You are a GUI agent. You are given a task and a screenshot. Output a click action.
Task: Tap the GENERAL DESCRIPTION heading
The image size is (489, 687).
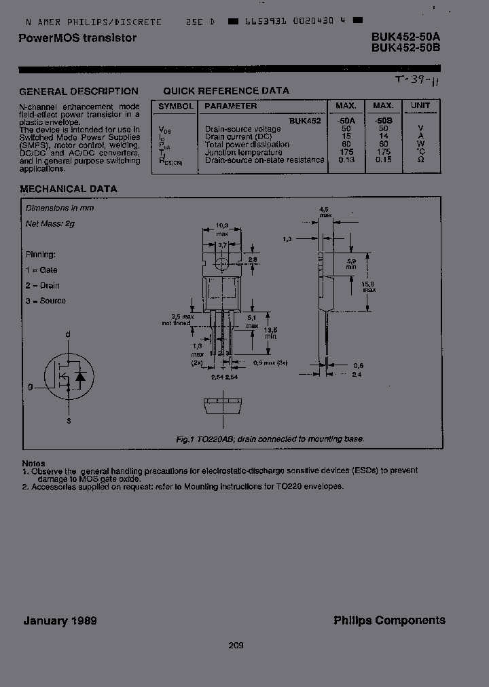[x=78, y=92]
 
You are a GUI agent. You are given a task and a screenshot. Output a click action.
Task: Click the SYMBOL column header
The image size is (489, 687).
[x=176, y=106]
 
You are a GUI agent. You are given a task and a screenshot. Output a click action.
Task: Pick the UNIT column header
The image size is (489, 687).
[x=420, y=106]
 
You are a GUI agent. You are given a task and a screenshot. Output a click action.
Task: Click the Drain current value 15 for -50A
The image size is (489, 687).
[x=346, y=136]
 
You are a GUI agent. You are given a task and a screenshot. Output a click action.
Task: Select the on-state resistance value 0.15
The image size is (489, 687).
[x=383, y=160]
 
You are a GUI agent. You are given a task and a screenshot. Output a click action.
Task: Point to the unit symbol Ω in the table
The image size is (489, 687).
[x=420, y=160]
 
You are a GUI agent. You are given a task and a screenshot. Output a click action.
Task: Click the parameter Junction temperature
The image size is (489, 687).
[x=238, y=152]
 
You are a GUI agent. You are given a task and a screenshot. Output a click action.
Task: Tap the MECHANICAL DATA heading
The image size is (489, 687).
[x=68, y=189]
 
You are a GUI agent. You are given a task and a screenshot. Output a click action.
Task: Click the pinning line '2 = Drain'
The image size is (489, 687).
[x=43, y=286]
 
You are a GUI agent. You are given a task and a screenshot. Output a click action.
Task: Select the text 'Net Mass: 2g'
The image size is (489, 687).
[x=51, y=223]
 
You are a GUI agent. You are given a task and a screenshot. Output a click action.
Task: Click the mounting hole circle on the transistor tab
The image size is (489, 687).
[x=221, y=263]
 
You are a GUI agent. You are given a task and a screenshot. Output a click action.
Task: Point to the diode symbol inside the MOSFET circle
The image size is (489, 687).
[x=81, y=375]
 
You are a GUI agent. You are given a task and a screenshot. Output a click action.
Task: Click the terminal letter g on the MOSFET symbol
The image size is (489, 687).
[x=30, y=386]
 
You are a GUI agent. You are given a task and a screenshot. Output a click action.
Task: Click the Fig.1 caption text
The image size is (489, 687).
[x=270, y=439]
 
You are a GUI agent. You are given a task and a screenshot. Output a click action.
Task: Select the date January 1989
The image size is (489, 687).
[x=60, y=620]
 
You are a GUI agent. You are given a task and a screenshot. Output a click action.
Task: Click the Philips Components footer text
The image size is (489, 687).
[x=389, y=620]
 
